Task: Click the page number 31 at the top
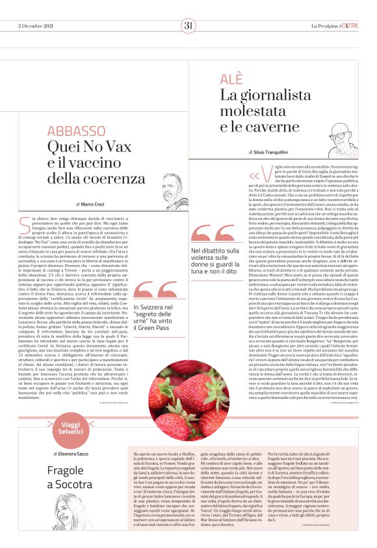pyautogui.click(x=188, y=25)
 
